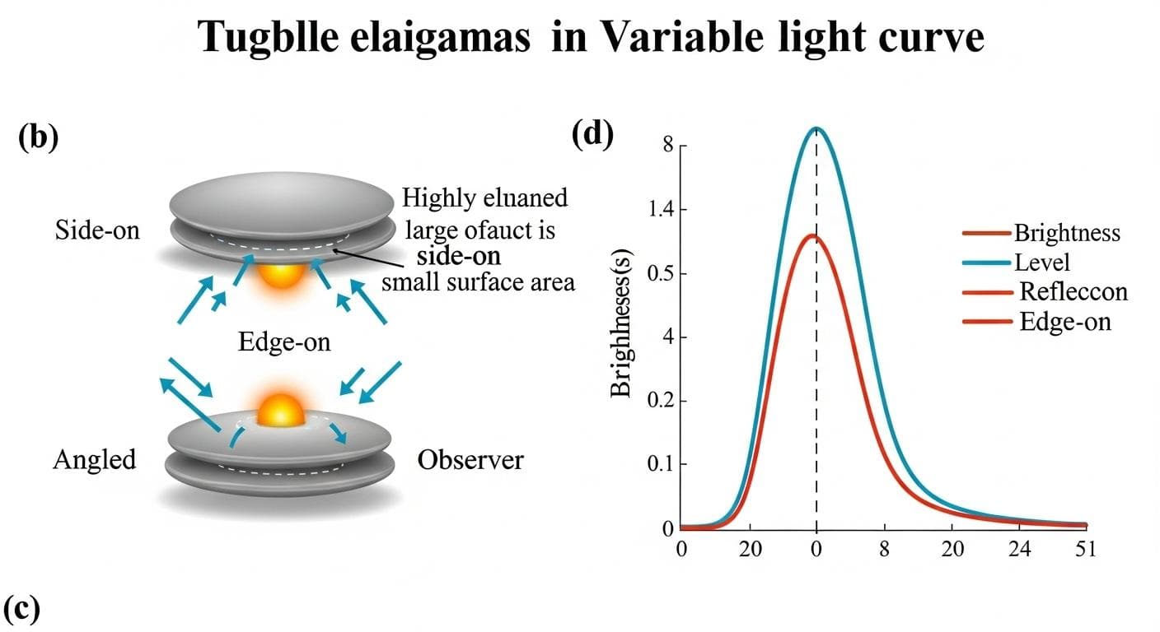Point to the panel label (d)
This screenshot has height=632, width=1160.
tap(593, 135)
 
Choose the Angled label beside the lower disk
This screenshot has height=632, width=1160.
tap(94, 459)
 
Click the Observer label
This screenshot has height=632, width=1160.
tap(470, 459)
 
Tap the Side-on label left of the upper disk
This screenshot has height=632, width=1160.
tap(97, 230)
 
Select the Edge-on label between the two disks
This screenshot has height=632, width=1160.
tap(284, 341)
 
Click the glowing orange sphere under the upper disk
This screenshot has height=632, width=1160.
tap(281, 271)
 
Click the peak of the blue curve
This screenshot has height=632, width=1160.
tap(816, 128)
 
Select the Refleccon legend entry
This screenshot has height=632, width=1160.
tap(1073, 291)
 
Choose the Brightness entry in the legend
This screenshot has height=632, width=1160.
tap(1067, 233)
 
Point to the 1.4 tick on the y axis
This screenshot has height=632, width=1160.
tap(661, 210)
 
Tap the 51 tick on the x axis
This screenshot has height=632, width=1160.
tap(1085, 550)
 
